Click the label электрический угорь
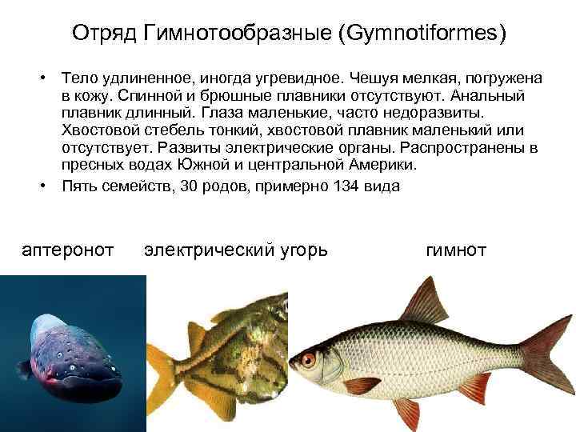(x=235, y=250)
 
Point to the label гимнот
(x=456, y=250)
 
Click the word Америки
(x=380, y=165)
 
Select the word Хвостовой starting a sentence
(x=98, y=130)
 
